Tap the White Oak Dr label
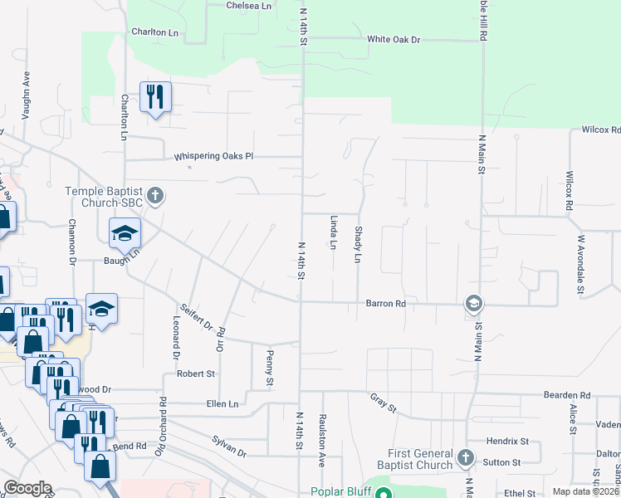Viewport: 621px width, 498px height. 394,39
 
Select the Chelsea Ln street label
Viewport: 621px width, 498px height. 249,5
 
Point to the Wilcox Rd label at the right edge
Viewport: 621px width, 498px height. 600,129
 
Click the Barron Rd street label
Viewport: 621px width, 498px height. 386,304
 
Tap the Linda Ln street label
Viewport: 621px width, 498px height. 334,232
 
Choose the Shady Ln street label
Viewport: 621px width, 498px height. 359,244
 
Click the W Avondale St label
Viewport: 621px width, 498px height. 581,265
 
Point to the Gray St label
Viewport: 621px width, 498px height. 384,404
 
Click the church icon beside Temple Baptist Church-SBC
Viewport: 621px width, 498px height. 157,197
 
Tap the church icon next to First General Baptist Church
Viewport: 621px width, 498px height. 466,457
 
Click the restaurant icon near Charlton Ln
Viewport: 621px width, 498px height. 154,97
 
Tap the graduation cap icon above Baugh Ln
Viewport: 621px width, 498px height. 125,232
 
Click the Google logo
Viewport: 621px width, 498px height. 27,488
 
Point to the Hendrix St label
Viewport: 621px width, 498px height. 508,441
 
